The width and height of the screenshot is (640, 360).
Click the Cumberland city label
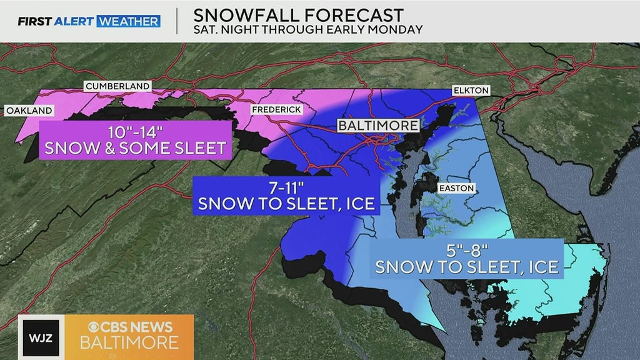tap(117, 86)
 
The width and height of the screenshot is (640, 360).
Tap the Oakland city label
tap(29, 111)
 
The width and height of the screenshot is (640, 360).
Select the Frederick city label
tap(277, 109)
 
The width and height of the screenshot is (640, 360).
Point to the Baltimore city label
tap(378, 126)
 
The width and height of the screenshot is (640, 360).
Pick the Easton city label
tap(456, 187)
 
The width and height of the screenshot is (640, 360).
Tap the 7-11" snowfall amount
tap(286, 187)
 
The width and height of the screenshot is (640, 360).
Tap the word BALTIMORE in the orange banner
tap(129, 342)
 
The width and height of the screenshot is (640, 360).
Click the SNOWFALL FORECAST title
tap(298, 14)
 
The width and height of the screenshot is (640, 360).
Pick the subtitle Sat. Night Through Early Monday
tap(307, 29)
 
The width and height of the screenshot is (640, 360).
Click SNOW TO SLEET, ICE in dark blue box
tap(286, 204)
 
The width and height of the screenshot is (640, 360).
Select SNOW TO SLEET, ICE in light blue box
tap(466, 267)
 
